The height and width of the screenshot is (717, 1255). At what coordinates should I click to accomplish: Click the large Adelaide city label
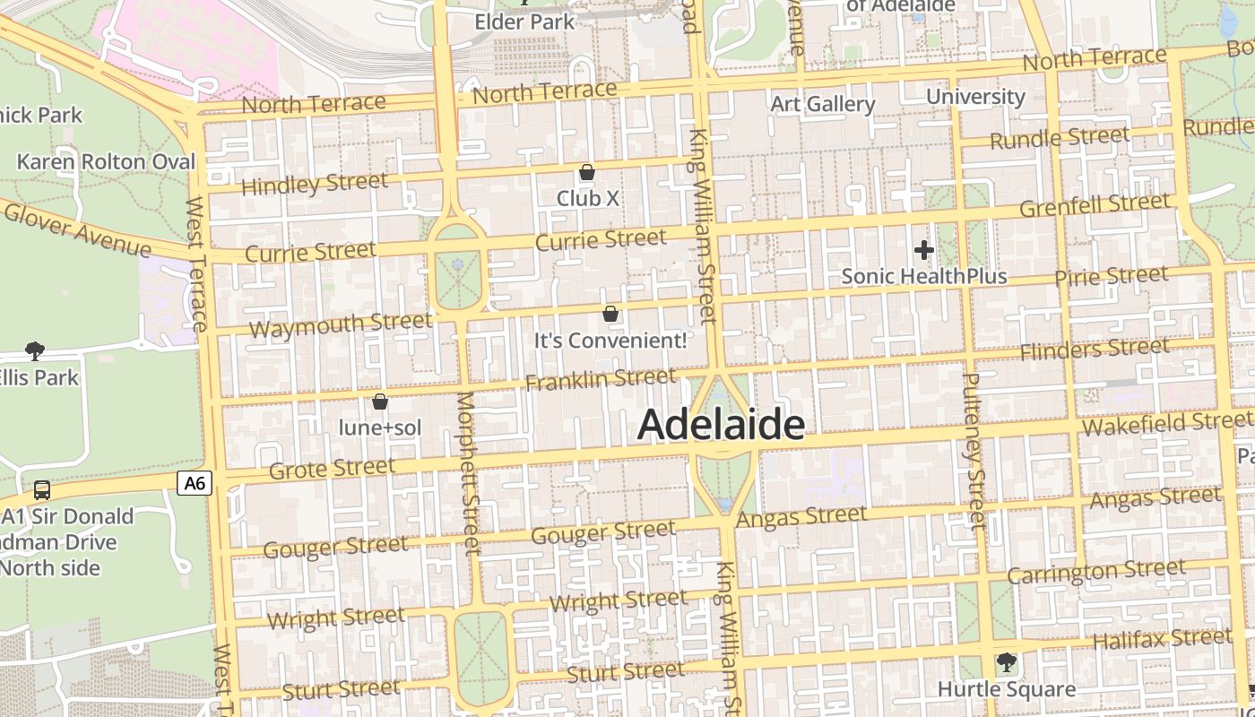(x=721, y=425)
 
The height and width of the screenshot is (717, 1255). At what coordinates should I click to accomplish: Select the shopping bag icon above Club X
(x=587, y=172)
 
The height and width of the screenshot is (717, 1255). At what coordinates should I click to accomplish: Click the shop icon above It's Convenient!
(x=610, y=314)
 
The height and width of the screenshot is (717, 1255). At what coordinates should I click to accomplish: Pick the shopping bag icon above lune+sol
(x=380, y=402)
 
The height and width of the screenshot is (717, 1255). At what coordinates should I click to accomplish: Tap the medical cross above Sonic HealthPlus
(x=924, y=250)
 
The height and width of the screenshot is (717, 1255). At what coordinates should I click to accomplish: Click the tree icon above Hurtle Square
(x=1006, y=662)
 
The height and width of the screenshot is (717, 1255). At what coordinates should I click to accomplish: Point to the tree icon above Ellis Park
(x=35, y=350)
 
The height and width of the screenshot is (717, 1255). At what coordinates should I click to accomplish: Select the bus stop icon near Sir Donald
(x=42, y=490)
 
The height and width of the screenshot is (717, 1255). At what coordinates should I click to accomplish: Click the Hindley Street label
(x=315, y=184)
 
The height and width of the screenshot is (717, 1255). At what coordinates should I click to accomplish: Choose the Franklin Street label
(x=600, y=380)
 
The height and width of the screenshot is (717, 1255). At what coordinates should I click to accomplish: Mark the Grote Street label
(x=332, y=468)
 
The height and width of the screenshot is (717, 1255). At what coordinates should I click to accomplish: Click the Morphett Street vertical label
(x=469, y=472)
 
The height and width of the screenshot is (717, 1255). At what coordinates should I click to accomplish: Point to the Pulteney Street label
(x=973, y=452)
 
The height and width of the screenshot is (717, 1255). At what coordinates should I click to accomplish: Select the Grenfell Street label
(x=1095, y=205)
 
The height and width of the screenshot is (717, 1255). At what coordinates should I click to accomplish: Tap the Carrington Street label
(x=1095, y=571)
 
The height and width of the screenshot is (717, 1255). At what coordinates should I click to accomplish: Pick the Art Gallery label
(x=823, y=104)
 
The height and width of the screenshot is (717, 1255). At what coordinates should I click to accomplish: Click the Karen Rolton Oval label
(x=106, y=162)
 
